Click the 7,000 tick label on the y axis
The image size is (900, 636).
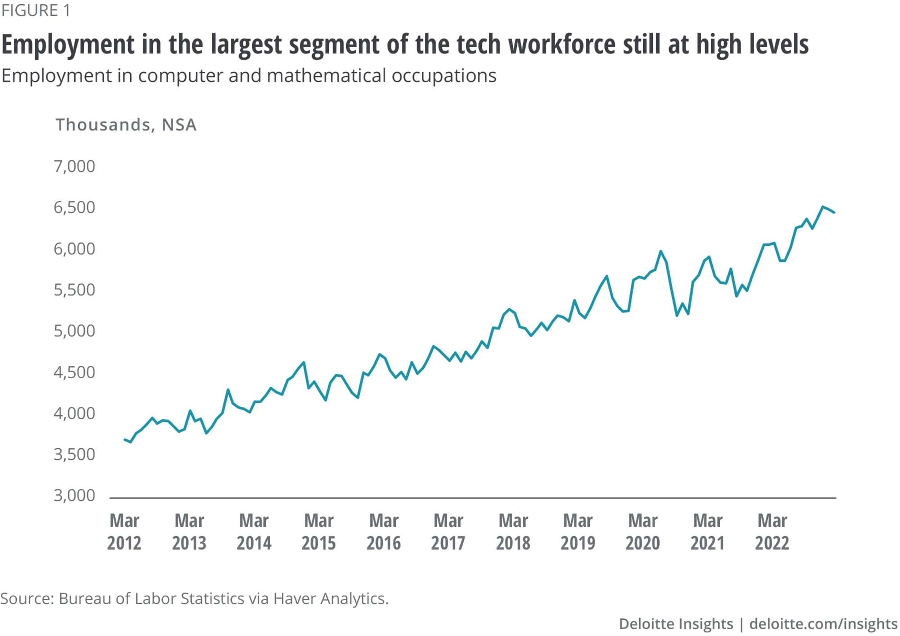point(74,167)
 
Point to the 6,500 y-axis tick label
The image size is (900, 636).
point(74,207)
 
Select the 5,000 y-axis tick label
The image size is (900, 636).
point(74,331)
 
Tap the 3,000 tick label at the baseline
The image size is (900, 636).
point(74,496)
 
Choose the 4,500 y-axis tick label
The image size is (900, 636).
point(74,372)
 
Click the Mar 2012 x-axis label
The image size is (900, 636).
point(124,532)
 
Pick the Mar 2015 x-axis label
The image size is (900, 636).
point(319,532)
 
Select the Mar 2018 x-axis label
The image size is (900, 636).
point(513,532)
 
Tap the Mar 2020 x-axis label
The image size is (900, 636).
point(643,532)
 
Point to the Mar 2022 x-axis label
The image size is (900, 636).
point(772,532)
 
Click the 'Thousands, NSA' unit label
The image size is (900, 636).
point(126,125)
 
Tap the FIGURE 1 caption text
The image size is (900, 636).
point(36,10)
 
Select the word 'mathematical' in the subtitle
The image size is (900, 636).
point(326,76)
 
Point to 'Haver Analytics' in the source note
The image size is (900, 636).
point(331,599)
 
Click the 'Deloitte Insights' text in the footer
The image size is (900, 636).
point(676,624)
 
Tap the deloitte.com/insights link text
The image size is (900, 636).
point(823,624)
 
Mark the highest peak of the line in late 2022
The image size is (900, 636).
point(823,207)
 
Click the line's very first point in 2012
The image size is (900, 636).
point(125,439)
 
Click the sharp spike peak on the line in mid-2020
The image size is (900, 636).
point(661,251)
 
